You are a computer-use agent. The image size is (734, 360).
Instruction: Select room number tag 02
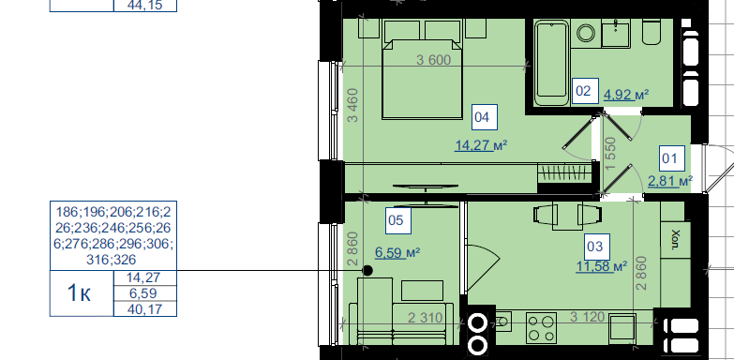(x=585, y=91)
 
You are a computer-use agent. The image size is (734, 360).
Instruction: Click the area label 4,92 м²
(x=626, y=95)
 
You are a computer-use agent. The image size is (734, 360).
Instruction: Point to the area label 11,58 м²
(x=602, y=266)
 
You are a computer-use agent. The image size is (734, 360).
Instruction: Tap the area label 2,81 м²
(x=670, y=181)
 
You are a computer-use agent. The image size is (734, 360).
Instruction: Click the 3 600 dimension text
(x=433, y=60)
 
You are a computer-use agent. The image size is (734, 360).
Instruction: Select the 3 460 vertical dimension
(x=353, y=105)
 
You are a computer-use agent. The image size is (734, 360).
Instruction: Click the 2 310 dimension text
(x=425, y=319)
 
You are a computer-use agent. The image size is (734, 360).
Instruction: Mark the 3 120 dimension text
(x=588, y=317)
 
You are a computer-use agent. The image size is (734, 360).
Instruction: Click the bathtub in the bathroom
(x=551, y=62)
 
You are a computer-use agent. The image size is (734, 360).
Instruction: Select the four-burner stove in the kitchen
(x=542, y=328)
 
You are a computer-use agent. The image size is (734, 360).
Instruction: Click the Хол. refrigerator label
(x=675, y=239)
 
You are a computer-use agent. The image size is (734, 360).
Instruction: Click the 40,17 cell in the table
(x=145, y=309)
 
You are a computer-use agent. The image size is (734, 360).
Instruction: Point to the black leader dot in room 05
(x=367, y=271)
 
